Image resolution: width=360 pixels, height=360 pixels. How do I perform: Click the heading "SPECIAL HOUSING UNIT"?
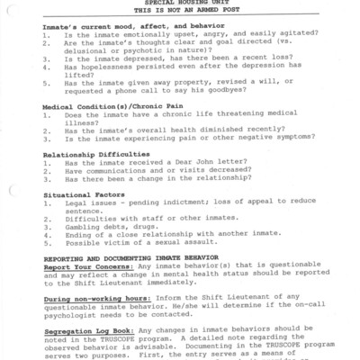click(179, 3)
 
